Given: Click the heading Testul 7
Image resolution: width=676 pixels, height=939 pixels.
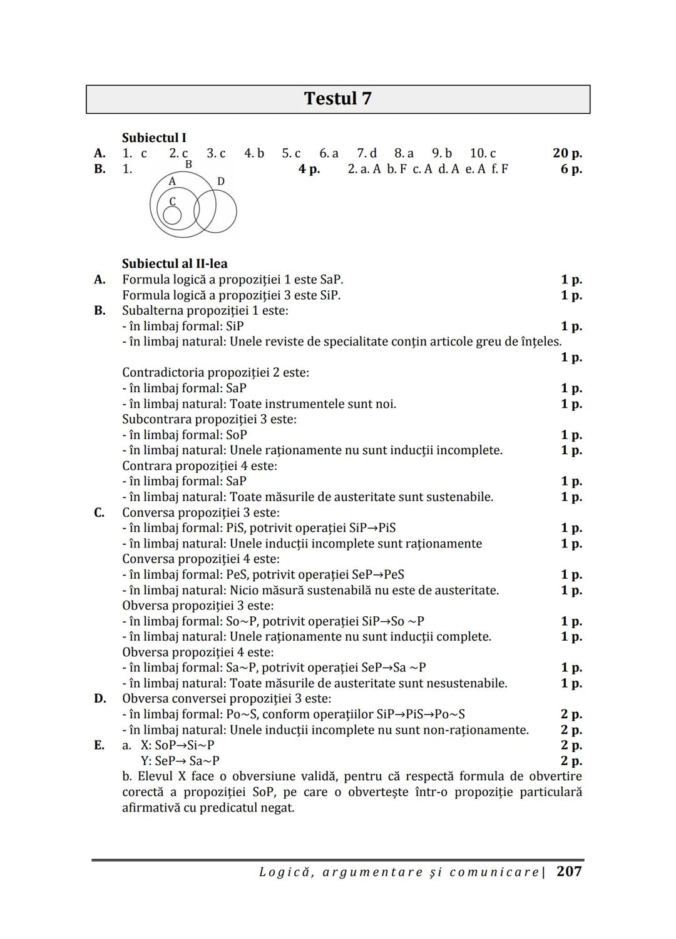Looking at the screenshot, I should click(x=337, y=99).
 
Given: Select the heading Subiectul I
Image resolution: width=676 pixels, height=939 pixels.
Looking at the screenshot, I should click(x=154, y=138).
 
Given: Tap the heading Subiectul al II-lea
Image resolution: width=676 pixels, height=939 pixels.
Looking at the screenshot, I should click(x=175, y=263).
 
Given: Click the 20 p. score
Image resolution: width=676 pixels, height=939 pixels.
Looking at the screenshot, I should click(x=567, y=153).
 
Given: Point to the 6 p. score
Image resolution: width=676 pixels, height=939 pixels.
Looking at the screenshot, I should click(x=571, y=169).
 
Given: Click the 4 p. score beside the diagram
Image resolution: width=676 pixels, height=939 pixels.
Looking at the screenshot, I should click(x=309, y=169).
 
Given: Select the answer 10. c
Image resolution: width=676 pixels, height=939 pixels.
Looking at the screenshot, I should click(x=483, y=153).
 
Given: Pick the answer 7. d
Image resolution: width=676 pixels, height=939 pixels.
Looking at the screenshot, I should click(x=367, y=153).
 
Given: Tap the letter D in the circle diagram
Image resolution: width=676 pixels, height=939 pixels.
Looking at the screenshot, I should click(x=221, y=181).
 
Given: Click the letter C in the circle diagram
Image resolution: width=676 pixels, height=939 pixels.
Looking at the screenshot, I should click(x=173, y=201).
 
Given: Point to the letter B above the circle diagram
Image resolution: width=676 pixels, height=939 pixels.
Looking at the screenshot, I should click(x=188, y=165).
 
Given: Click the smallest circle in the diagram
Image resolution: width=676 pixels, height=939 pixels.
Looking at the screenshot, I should click(x=172, y=215).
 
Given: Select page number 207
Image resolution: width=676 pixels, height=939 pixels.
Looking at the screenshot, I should click(x=569, y=871).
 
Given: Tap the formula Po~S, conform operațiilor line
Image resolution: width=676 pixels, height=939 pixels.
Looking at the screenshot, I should click(x=294, y=714).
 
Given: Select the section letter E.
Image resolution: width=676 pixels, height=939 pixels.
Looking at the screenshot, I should click(x=100, y=745).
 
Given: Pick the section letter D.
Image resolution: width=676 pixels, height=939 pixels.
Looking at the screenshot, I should click(x=100, y=699).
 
